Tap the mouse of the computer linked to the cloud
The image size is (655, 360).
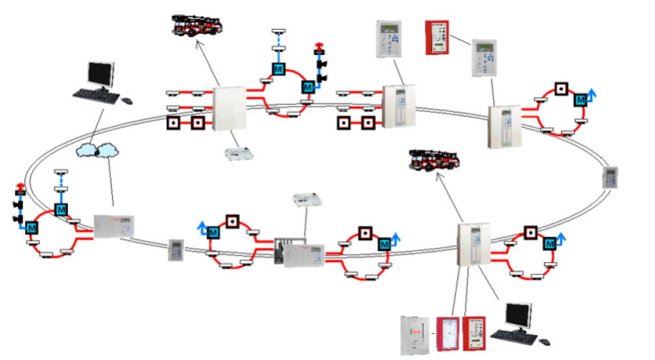(x=127, y=101)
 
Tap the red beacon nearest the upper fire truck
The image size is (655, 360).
(x=318, y=47)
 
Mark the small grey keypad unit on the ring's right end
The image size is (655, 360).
(x=610, y=177)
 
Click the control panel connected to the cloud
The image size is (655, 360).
(x=113, y=226)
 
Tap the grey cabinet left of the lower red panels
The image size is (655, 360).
(x=415, y=333)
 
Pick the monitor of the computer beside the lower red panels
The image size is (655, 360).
(x=518, y=316)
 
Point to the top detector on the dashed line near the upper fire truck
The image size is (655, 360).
(x=280, y=32)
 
